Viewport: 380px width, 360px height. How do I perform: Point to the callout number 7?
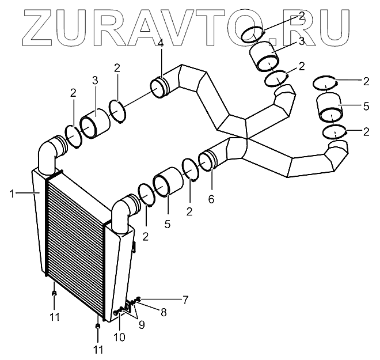(x=185, y=298)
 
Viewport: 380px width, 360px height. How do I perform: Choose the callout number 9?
(x=142, y=324)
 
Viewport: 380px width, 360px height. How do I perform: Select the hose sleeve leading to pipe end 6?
(x=169, y=183)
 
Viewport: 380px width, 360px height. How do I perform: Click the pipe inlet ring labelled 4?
(x=159, y=88)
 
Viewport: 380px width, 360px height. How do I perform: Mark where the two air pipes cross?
(x=246, y=137)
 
